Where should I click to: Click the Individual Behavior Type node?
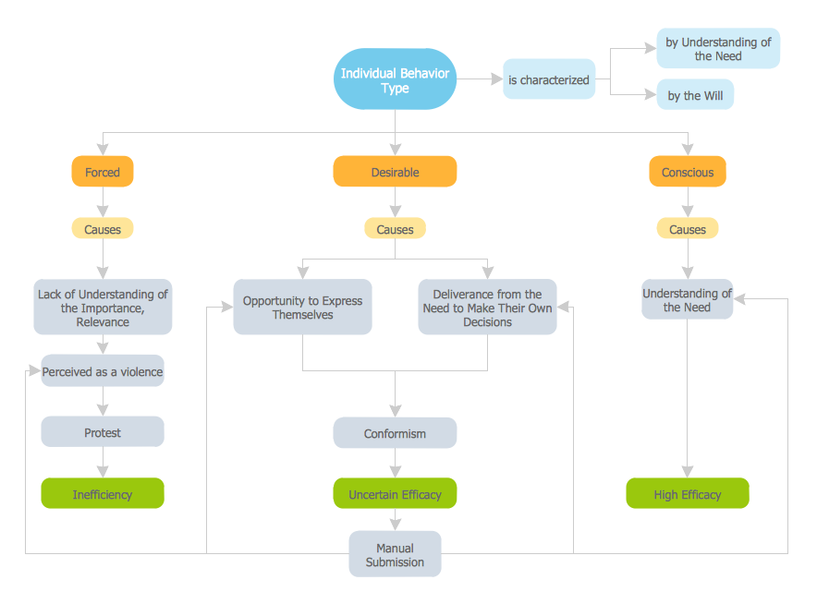coord(395,80)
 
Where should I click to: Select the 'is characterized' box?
coord(548,80)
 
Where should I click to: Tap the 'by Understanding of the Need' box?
coord(718,49)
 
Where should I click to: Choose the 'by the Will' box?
coord(695,95)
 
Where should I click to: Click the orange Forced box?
coord(103,172)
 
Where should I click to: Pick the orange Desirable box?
coord(395,172)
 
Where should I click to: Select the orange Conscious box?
coord(688,172)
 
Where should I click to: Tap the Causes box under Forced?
coord(103,228)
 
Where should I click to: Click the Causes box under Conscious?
coord(688,228)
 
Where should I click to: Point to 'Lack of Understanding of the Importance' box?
coord(103,308)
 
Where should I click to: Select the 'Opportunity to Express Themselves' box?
coord(302,308)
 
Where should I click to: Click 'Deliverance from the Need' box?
coord(487,308)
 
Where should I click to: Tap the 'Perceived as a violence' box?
coord(103,371)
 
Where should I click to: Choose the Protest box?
coord(103,432)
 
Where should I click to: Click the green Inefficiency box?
coord(103,494)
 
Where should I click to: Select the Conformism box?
coord(395,433)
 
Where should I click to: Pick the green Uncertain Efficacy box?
coord(395,494)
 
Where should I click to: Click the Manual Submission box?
coord(395,554)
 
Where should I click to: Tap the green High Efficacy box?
coord(688,494)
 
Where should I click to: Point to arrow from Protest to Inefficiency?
coord(103,463)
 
